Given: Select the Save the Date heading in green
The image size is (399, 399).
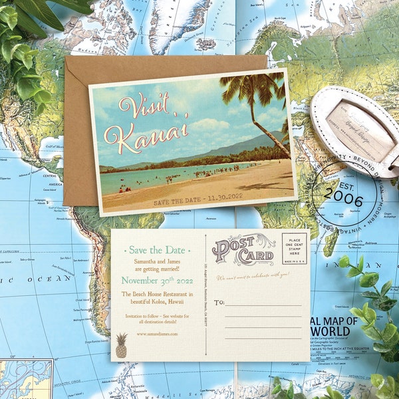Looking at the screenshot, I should click(x=157, y=250).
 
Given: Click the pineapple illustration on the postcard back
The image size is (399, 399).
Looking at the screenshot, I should click(x=122, y=346).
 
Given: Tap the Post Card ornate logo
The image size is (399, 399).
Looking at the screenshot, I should click(x=243, y=250).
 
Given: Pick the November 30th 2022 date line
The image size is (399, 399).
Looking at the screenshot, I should click(x=156, y=280).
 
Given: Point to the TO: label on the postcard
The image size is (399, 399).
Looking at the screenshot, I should click(x=219, y=303).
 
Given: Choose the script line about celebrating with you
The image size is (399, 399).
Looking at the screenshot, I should click(x=253, y=274).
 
